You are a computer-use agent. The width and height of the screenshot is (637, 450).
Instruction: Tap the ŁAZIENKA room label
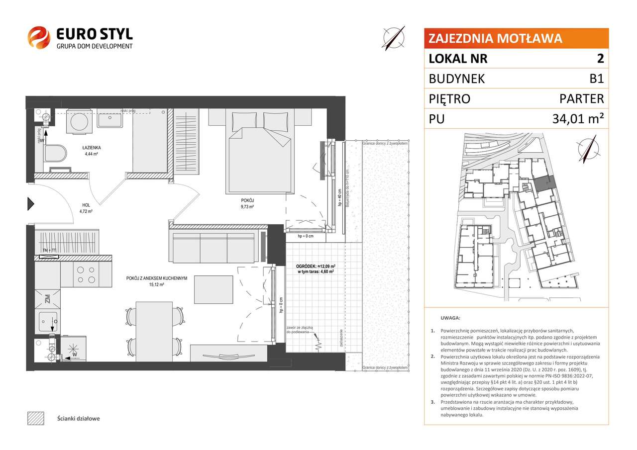point(93,148)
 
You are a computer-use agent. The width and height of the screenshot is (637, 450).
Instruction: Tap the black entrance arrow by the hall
point(30,203)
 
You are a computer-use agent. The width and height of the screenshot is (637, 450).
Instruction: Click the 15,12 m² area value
point(156,285)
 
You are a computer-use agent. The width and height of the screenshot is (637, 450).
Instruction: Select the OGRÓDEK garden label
point(305,266)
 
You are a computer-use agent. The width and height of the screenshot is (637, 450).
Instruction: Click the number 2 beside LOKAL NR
point(600,59)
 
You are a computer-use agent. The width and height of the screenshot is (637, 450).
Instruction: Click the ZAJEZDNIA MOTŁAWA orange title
point(495,38)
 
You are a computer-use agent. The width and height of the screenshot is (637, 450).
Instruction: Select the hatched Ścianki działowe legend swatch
point(36,418)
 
